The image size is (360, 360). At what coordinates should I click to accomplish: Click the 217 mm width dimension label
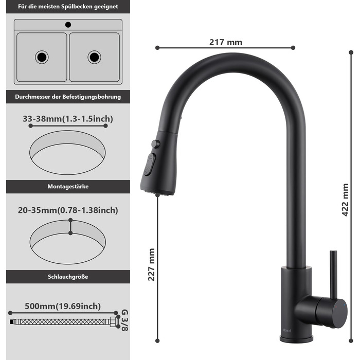[226, 43]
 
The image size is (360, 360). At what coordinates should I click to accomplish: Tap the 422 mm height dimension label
[345, 200]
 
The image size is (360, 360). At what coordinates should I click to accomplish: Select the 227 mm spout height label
[151, 265]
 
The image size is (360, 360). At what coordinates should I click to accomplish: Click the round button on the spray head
[156, 144]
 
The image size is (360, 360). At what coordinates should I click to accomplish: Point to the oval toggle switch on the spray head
[150, 165]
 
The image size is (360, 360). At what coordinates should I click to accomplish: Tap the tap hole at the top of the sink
[68, 25]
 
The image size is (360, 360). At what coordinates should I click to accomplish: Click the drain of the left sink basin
[42, 57]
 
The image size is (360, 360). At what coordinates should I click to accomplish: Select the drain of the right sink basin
[94, 57]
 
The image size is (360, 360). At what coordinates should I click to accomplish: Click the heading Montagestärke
[68, 186]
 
